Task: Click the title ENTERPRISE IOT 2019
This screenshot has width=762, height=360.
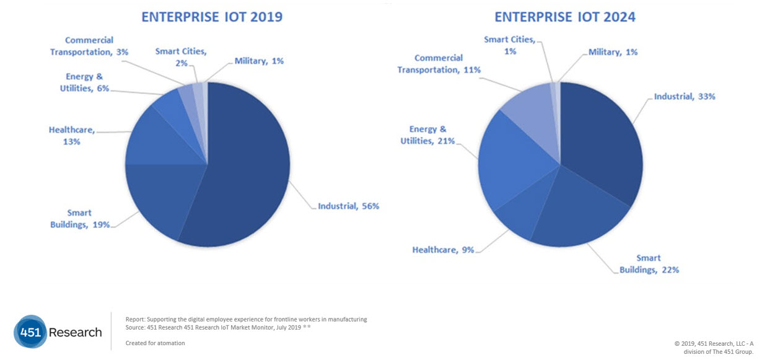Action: point(212,17)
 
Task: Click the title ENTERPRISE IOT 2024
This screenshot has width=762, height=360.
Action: point(564,17)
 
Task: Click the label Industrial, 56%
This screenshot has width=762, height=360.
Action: point(348,206)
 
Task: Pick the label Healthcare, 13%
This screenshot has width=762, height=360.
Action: point(72,136)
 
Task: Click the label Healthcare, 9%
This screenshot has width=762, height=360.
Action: point(443,250)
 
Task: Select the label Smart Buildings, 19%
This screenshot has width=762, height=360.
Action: point(80,219)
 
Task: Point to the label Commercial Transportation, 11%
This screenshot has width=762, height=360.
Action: point(439,64)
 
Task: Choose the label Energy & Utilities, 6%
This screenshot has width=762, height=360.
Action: point(87,82)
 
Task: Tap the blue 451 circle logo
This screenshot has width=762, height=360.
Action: point(30,332)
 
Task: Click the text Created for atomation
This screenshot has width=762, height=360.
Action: point(155,343)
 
